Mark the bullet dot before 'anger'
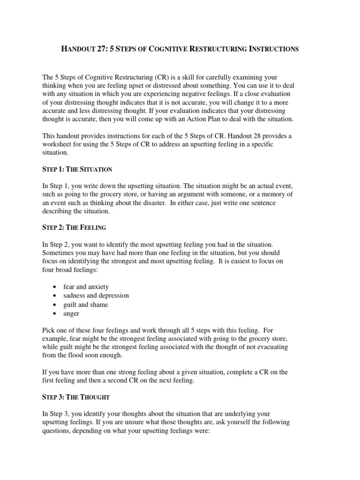pos(56,314)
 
